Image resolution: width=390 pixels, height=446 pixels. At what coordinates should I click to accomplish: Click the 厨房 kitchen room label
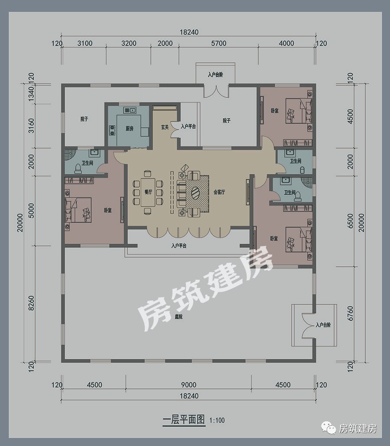(x=130, y=129)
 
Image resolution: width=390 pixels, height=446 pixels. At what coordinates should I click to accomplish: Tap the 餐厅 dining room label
(x=148, y=192)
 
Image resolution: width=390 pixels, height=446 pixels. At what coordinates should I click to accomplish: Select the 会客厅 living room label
(x=219, y=192)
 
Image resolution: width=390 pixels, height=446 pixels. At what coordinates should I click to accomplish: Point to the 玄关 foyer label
(x=165, y=127)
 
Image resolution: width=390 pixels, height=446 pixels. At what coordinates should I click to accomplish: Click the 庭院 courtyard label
(x=179, y=317)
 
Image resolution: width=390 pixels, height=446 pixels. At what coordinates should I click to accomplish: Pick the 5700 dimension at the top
(x=219, y=43)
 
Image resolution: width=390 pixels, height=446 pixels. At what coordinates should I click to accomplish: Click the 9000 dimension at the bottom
(x=188, y=385)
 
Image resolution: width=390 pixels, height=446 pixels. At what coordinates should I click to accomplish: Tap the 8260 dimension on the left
(x=31, y=303)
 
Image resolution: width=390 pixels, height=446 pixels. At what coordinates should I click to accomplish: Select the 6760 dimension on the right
(x=350, y=313)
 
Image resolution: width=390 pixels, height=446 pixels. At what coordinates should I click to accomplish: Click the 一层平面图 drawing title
(x=184, y=420)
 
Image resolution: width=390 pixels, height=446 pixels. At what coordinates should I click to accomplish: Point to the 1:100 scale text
(x=217, y=420)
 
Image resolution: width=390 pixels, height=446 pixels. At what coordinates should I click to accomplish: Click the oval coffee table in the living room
(x=196, y=193)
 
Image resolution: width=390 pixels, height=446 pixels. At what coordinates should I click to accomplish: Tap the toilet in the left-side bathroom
(x=78, y=169)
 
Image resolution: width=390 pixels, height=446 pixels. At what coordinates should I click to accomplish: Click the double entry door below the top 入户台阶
(x=216, y=90)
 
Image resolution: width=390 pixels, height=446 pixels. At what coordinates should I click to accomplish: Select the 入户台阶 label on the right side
(x=323, y=325)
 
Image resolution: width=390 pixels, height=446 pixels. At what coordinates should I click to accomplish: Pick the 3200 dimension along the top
(x=129, y=43)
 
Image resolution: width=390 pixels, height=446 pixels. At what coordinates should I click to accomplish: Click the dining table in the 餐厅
(x=148, y=192)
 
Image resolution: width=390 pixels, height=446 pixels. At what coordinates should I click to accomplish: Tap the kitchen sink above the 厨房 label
(x=130, y=110)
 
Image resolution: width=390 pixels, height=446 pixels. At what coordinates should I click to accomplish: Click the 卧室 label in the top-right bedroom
(x=275, y=111)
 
